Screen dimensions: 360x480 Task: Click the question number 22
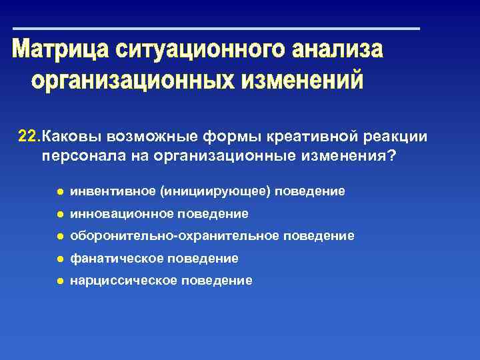(x=28, y=137)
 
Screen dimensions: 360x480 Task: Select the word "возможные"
(x=143, y=137)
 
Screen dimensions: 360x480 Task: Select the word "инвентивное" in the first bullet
(x=113, y=191)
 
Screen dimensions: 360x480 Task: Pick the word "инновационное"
(x=123, y=214)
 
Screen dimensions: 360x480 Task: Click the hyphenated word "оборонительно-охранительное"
(x=175, y=236)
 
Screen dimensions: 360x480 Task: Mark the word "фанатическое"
(x=117, y=258)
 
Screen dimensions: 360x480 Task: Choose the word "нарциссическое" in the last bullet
(x=124, y=281)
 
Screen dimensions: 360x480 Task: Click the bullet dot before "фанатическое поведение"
(x=59, y=258)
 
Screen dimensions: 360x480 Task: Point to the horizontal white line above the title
(x=216, y=29)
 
